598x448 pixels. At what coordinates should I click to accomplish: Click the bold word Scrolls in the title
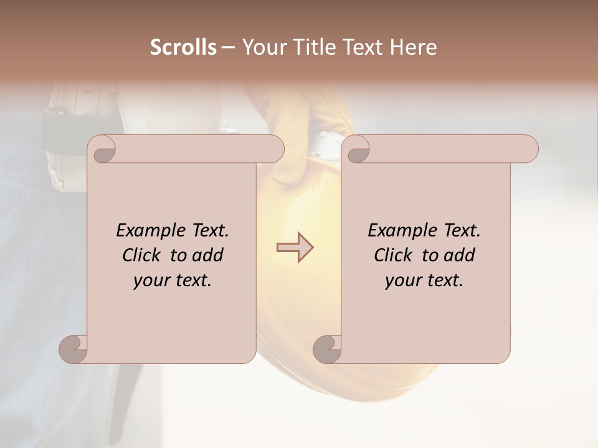pos(184,47)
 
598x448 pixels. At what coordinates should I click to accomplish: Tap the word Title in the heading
pos(311,47)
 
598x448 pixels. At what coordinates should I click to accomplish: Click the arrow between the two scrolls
pos(295,247)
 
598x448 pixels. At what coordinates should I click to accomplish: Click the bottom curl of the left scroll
pos(74,348)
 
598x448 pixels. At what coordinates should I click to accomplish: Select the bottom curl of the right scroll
pos(327,348)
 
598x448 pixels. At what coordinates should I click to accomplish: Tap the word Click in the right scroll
pos(392,256)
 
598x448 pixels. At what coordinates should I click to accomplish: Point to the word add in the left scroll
pos(207,256)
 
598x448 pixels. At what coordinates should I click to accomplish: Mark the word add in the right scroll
pos(460,256)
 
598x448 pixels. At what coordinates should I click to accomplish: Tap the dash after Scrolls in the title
pos(228,47)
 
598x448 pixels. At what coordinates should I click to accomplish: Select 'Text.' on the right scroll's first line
pos(462,231)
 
